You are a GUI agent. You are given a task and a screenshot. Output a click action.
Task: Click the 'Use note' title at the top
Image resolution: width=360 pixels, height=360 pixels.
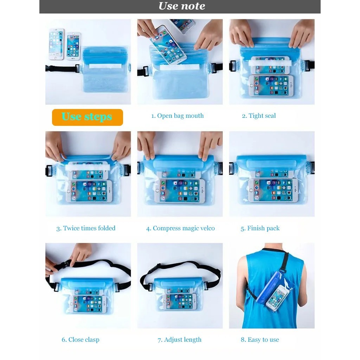181,6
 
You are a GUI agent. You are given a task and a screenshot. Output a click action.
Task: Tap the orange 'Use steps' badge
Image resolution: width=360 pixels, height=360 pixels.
87,117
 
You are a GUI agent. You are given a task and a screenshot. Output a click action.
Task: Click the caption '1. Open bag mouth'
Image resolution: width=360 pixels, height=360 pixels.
178,116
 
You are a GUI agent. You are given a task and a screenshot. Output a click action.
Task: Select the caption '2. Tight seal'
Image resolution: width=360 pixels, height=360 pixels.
259,116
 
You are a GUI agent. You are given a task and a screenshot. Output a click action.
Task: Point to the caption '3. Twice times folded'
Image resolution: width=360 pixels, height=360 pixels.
86,228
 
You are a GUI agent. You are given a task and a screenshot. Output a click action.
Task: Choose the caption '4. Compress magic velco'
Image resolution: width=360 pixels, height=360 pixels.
180,228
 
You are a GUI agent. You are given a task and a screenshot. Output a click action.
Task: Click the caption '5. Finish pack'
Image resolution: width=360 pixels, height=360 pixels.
260,228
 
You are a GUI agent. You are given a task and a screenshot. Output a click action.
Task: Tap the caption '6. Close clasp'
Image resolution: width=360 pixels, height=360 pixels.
81,340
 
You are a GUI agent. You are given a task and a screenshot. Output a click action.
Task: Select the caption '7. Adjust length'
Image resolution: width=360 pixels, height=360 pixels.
180,340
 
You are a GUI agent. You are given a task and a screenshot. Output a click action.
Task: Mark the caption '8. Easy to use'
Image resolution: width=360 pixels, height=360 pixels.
260,340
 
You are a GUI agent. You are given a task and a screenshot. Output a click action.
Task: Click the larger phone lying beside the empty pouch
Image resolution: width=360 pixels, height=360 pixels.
56,44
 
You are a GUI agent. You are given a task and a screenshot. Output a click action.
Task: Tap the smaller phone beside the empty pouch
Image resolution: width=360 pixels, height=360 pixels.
73,45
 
